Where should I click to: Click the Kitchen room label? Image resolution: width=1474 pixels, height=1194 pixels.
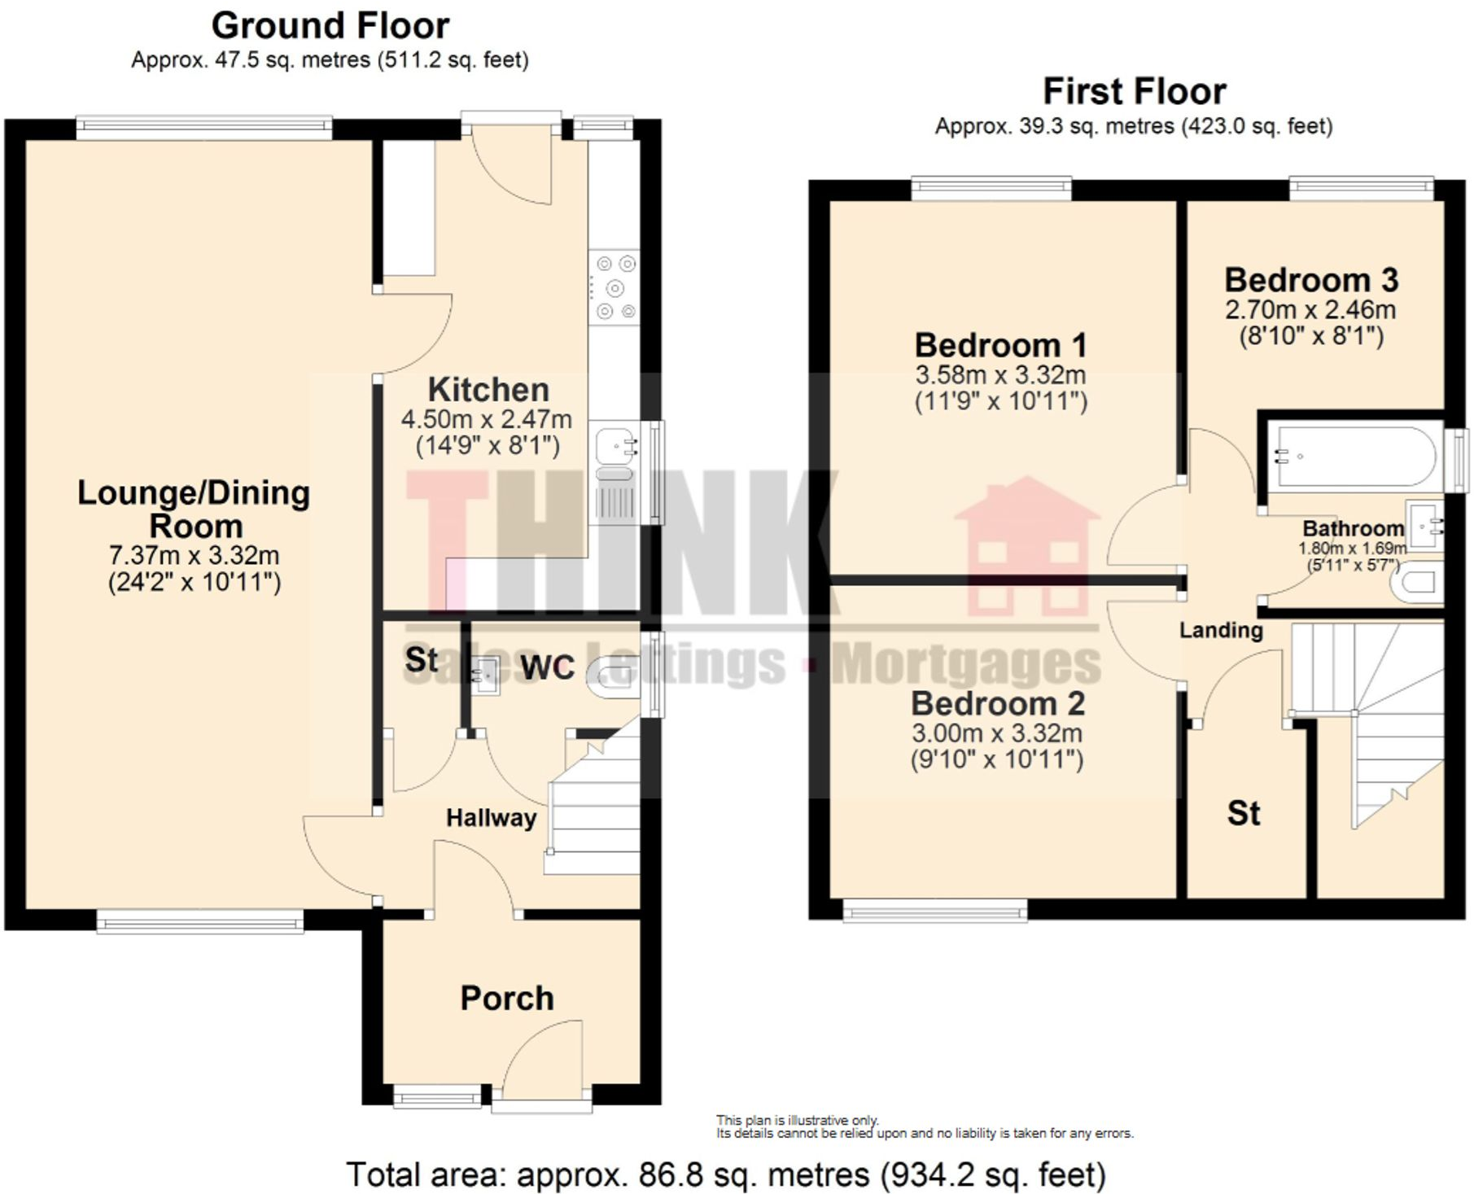pyautogui.click(x=488, y=390)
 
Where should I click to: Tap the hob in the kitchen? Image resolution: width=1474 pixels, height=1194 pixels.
pyautogui.click(x=615, y=287)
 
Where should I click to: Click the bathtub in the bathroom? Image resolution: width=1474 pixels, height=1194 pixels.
pyautogui.click(x=1354, y=456)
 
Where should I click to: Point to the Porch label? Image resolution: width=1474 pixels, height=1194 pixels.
pyautogui.click(x=507, y=998)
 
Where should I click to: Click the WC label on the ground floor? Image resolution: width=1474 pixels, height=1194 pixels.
pyautogui.click(x=547, y=667)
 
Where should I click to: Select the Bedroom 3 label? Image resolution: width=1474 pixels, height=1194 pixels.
pyautogui.click(x=1311, y=280)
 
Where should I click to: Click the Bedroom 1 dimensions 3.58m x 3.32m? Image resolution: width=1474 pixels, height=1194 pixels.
pyautogui.click(x=1000, y=375)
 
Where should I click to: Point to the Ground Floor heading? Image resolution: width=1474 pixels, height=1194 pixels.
pyautogui.click(x=330, y=25)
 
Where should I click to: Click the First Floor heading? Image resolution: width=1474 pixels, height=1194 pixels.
pyautogui.click(x=1134, y=91)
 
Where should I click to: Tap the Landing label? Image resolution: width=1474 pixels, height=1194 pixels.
pyautogui.click(x=1221, y=630)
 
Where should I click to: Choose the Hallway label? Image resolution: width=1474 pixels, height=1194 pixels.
pyautogui.click(x=491, y=818)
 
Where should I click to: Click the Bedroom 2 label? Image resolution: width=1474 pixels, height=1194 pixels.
pyautogui.click(x=998, y=703)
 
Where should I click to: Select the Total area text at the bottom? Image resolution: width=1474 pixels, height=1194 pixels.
pyautogui.click(x=726, y=1174)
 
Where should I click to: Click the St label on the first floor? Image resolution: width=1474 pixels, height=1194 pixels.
pyautogui.click(x=1243, y=813)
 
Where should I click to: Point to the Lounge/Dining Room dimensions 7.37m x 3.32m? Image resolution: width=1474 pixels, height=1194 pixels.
pyautogui.click(x=195, y=555)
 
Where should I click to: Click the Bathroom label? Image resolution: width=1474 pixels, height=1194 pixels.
pyautogui.click(x=1353, y=528)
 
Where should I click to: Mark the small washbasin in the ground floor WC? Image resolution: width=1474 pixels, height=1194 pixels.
pyautogui.click(x=487, y=676)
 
